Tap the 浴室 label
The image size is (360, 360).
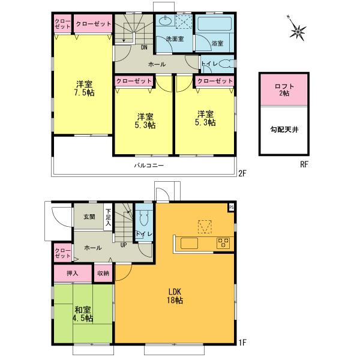coord(217,43)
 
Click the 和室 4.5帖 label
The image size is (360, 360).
coord(83,314)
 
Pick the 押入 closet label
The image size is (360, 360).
coord(73,273)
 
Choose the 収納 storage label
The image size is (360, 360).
coord(103,273)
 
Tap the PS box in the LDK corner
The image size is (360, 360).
coord(230,208)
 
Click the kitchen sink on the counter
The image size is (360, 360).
coord(188,243)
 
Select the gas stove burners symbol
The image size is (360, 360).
coord(223,243)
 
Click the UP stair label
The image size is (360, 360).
coord(123,245)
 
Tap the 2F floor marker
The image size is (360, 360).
coord(242,175)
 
